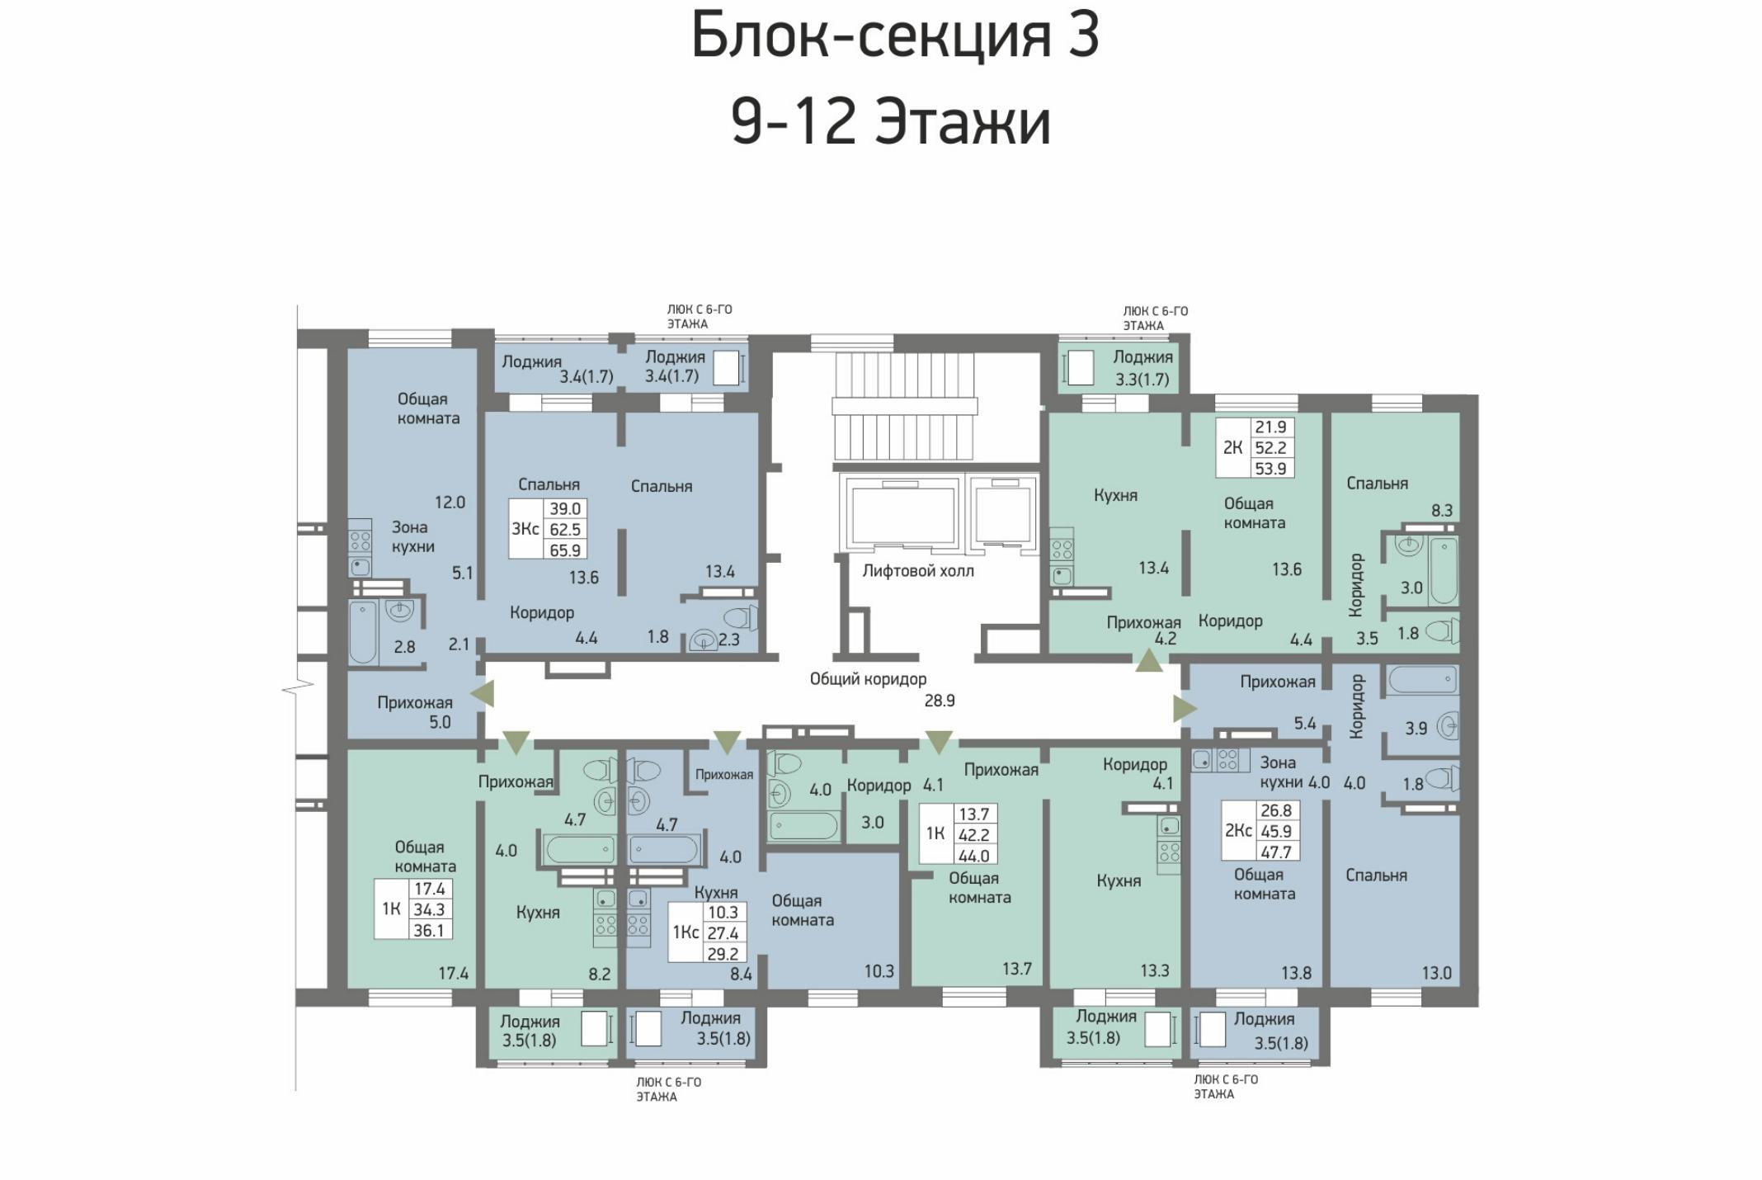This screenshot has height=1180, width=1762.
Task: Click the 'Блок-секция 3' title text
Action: point(895,36)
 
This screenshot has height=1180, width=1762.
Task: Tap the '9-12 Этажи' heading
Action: point(891,122)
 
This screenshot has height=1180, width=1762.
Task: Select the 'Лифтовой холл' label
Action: point(918,570)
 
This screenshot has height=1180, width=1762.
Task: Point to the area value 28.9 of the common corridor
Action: point(940,701)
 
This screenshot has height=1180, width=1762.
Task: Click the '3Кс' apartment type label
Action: point(525,528)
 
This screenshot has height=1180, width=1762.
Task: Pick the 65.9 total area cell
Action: point(565,550)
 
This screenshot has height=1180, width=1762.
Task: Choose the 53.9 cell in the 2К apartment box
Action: point(1270,469)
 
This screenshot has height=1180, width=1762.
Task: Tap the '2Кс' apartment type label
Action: point(1237,830)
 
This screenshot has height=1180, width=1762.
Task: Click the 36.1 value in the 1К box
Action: point(429,931)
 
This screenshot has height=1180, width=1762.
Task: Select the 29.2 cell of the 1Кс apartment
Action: point(723,954)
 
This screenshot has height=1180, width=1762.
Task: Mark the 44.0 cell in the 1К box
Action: point(973,857)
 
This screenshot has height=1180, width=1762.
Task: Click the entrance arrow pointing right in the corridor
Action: point(1185,709)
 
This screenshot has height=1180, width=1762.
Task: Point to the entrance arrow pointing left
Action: point(483,693)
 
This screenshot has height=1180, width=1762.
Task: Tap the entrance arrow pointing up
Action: point(1149,660)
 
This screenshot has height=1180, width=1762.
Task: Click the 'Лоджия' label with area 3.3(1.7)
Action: point(1142,357)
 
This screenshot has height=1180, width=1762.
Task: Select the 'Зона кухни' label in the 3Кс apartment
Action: point(412,536)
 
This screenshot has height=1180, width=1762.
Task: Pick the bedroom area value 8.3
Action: point(1442,511)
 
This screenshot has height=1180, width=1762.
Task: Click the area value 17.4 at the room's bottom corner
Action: point(453,974)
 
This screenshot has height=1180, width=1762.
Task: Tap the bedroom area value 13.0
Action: point(1436,974)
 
